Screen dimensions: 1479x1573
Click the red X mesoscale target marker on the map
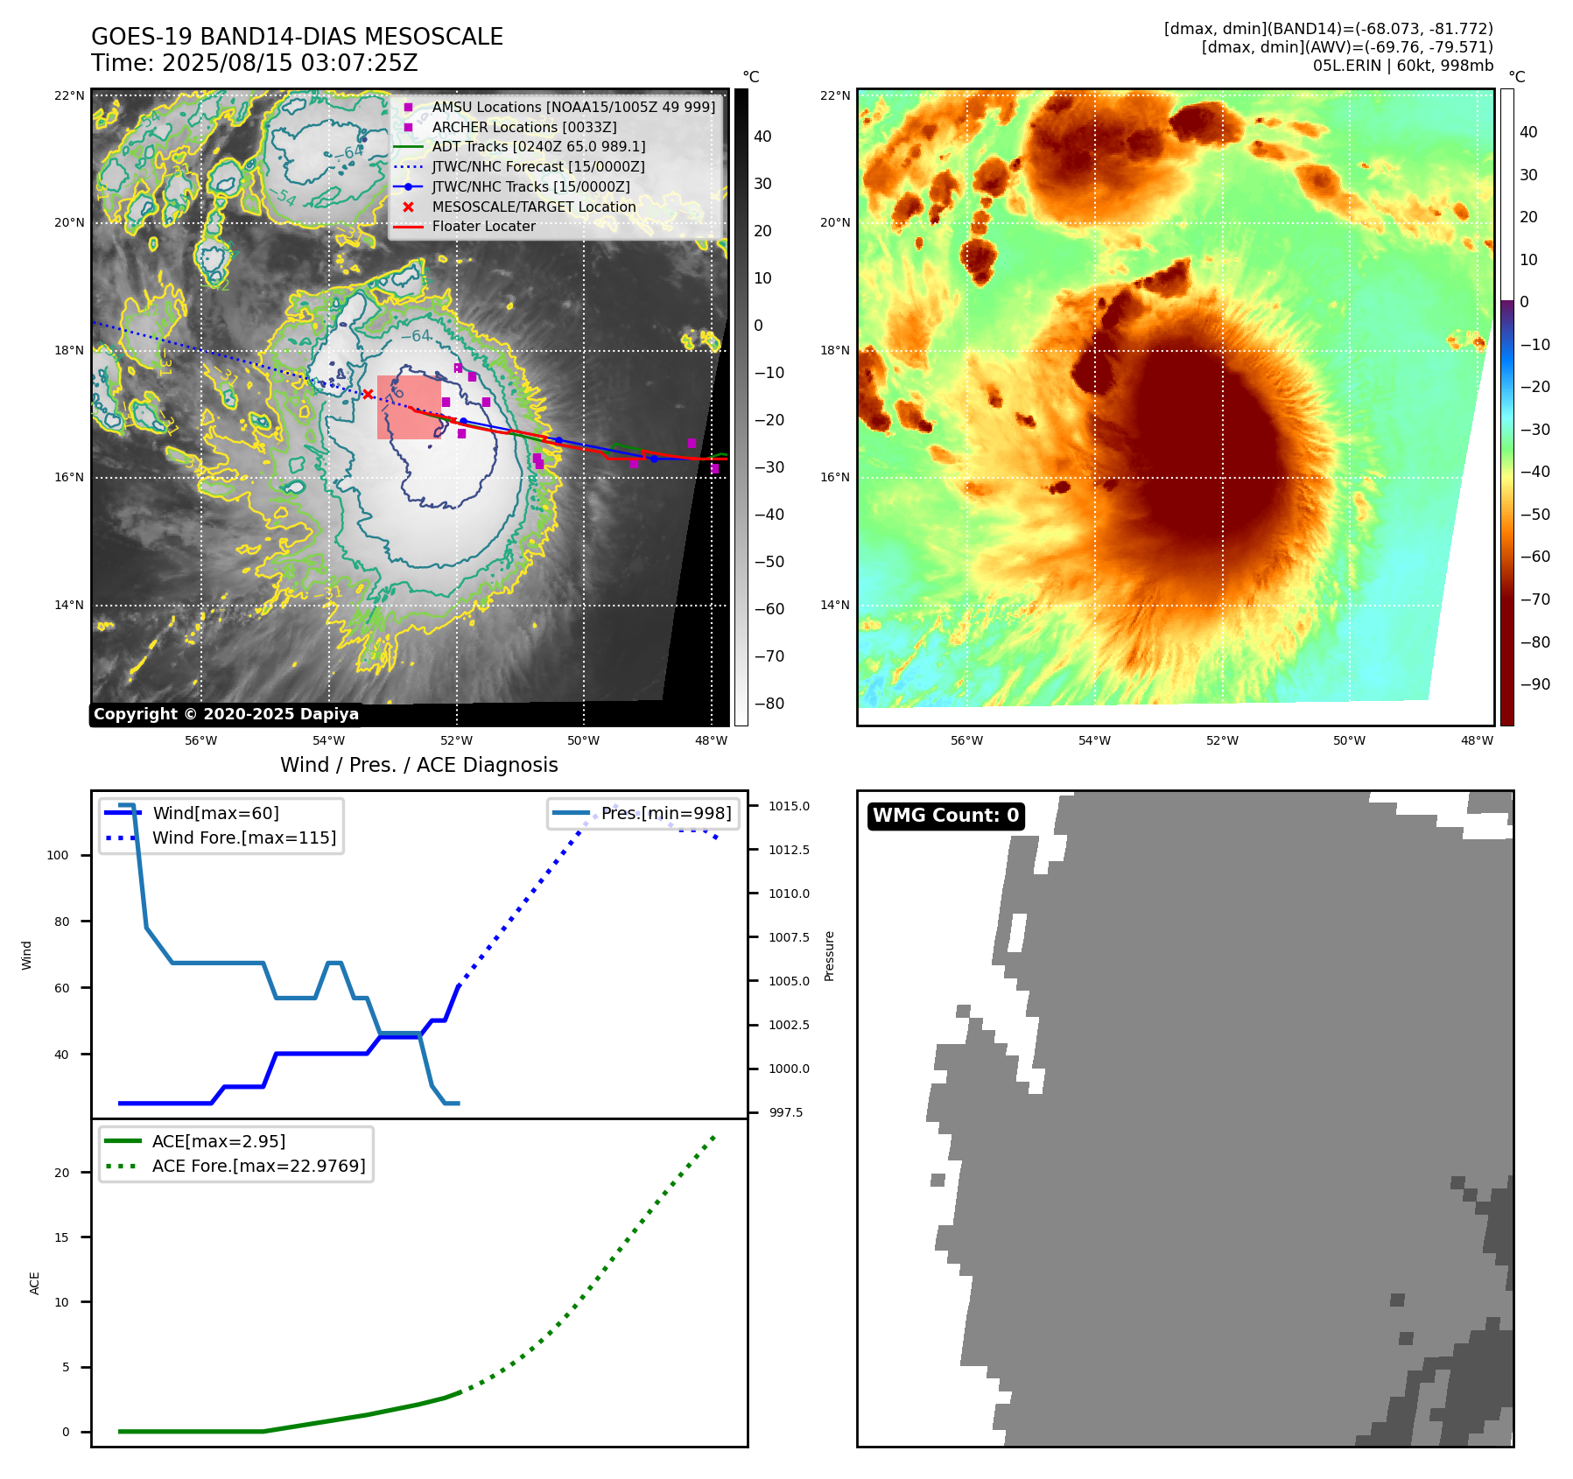[368, 394]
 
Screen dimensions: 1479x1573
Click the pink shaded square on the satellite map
[408, 408]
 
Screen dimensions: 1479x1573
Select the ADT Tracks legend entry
[537, 147]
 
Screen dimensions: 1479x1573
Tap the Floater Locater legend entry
[483, 227]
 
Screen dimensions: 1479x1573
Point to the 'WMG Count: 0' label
[945, 816]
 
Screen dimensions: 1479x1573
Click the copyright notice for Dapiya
[226, 714]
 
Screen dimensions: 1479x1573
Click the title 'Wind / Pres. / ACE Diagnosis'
[418, 765]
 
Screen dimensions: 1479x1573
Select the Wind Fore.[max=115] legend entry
[243, 838]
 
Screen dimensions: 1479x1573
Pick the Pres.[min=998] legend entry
[665, 813]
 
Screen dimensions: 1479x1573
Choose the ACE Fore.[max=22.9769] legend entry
[258, 1166]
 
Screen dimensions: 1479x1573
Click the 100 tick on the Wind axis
[58, 855]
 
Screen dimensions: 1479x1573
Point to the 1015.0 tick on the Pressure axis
[789, 806]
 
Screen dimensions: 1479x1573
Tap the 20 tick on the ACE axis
[62, 1173]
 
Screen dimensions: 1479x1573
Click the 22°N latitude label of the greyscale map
[69, 95]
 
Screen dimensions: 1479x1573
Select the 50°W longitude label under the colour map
[1349, 740]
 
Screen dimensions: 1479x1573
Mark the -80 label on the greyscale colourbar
[769, 704]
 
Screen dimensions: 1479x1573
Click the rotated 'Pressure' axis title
[829, 956]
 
